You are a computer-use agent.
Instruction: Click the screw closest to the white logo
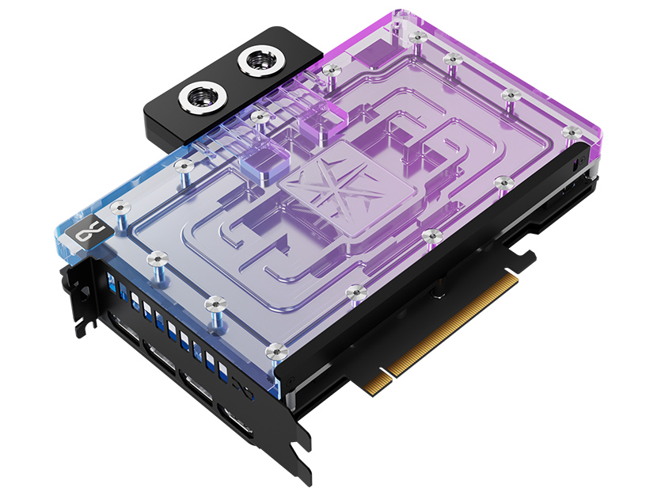[120, 208]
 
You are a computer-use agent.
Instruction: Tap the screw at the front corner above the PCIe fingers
[275, 349]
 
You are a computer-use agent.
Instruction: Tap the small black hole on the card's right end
[572, 167]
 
